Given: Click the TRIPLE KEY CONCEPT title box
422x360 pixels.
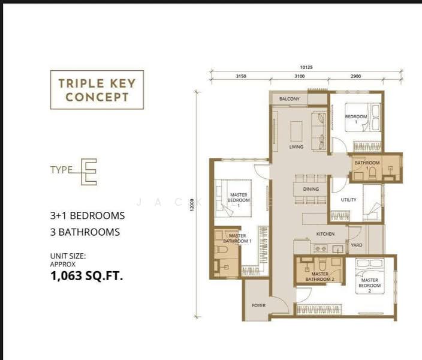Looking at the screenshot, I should click(x=97, y=90).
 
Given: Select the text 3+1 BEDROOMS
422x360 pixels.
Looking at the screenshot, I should click(x=88, y=215).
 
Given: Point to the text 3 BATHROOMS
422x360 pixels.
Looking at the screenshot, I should click(x=85, y=232).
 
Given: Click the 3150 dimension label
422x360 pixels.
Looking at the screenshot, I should click(x=241, y=76).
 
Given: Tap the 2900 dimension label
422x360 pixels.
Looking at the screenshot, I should click(x=355, y=76).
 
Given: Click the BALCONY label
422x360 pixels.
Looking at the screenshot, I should click(x=289, y=99).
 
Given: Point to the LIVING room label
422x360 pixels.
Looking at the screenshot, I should click(x=296, y=147).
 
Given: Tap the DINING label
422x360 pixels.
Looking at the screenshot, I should click(x=311, y=189).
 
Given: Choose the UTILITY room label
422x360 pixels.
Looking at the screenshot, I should click(x=348, y=200).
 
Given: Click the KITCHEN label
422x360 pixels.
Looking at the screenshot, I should click(x=325, y=233).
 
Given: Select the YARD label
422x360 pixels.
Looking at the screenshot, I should click(x=356, y=245).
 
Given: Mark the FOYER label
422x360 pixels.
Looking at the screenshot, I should click(x=258, y=305).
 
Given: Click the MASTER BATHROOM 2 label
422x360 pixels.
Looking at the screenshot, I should click(x=319, y=277).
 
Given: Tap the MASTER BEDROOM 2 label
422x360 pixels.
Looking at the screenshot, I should click(x=369, y=283).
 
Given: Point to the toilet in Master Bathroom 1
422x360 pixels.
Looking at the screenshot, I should click(x=219, y=249).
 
